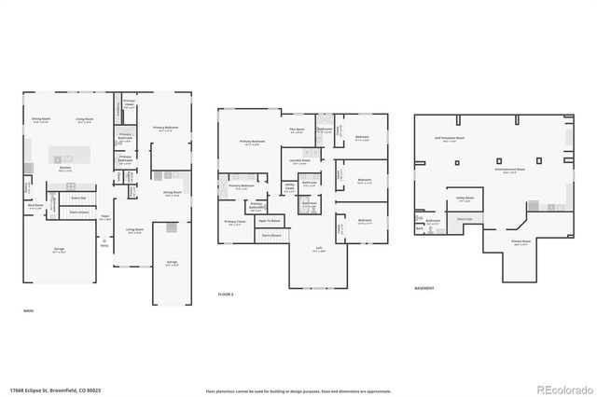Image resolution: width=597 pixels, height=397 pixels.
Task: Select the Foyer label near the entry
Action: [x=106, y=216]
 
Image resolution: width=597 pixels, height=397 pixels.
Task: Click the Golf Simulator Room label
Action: [x=449, y=137]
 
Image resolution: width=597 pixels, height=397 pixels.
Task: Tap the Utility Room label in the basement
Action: [x=464, y=198]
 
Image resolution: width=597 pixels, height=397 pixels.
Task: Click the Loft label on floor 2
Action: [x=318, y=249]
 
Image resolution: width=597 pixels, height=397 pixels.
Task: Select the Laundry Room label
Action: [x=300, y=161]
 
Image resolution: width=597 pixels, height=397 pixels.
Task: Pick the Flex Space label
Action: [x=297, y=130]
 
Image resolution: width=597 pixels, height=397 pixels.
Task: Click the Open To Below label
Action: [x=270, y=221]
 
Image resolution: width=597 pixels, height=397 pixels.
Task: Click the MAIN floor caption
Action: [x=28, y=310]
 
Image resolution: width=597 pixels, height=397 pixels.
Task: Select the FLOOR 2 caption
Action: [x=227, y=294]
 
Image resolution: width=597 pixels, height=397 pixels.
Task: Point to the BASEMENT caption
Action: [x=424, y=288]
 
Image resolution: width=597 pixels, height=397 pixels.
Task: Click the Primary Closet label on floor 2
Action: [x=233, y=223]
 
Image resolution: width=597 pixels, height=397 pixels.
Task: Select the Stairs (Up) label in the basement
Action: [x=464, y=219]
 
